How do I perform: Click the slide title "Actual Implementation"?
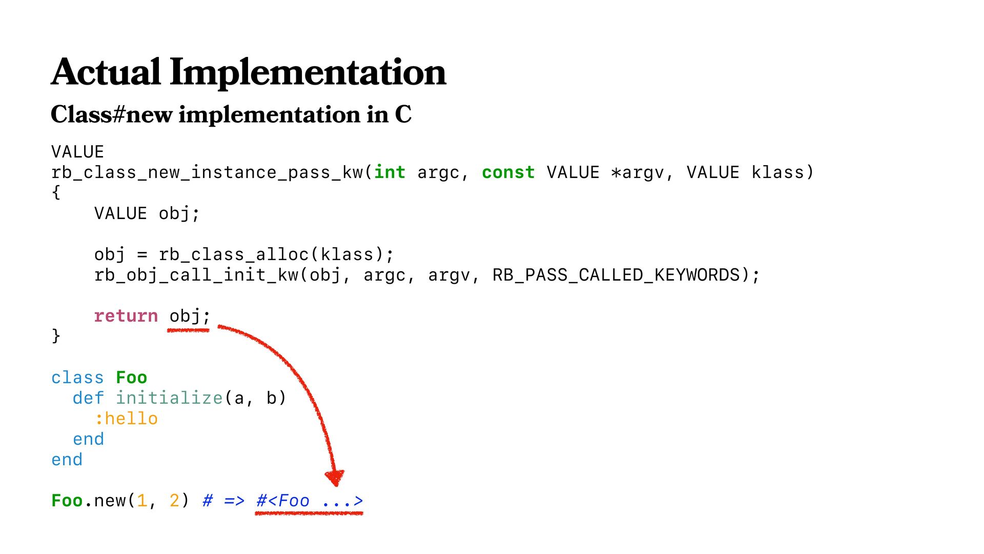click(249, 72)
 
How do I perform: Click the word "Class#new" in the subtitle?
click(111, 114)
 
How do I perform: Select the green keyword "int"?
click(389, 172)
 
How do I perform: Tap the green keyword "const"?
click(508, 172)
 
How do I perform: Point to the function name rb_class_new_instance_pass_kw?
click(207, 173)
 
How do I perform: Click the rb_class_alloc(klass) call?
click(276, 254)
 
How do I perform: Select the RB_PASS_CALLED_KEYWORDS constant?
click(616, 275)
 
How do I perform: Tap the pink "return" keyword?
click(126, 316)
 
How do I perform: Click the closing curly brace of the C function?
click(56, 336)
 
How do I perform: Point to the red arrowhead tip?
click(335, 483)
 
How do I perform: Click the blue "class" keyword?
click(77, 378)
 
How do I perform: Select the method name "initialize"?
click(169, 398)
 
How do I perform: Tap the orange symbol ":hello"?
click(126, 419)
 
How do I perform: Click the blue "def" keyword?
click(88, 398)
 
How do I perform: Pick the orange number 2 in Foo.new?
click(174, 501)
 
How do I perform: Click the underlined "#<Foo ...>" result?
click(310, 501)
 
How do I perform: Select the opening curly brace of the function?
click(56, 193)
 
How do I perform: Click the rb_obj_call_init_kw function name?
click(196, 275)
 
